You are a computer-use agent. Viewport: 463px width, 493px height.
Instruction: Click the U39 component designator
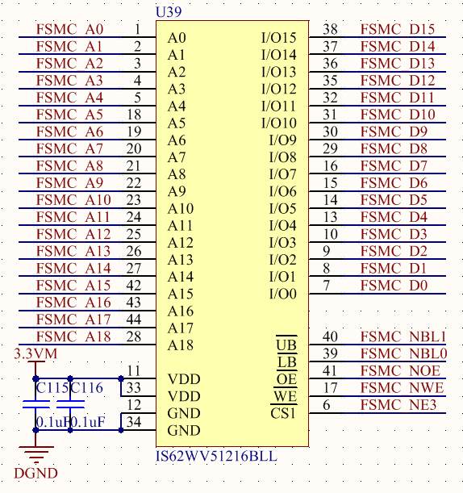[169, 12]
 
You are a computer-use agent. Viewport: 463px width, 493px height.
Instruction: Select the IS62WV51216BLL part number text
[216, 456]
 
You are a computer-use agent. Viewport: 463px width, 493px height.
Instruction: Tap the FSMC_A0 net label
[70, 29]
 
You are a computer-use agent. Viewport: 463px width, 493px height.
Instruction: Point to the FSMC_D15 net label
[398, 29]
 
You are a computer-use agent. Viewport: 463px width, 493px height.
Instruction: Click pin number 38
[330, 29]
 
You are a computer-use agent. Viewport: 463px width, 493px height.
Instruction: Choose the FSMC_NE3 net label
[398, 405]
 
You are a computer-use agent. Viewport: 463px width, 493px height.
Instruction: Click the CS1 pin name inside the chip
[283, 413]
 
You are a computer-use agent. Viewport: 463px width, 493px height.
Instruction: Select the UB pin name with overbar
[286, 345]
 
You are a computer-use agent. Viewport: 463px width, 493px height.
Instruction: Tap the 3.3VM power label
[35, 353]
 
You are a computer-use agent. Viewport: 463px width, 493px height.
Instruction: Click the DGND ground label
[35, 473]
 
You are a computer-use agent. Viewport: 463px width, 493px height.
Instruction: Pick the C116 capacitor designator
[87, 387]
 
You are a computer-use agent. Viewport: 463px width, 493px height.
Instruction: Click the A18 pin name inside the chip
[181, 345]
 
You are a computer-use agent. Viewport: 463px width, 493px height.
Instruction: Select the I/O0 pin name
[283, 294]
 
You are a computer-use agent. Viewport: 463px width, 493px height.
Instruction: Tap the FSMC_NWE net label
[402, 387]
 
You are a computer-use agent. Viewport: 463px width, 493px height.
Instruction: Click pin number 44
[134, 320]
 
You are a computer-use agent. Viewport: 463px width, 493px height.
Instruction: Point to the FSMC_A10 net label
[73, 200]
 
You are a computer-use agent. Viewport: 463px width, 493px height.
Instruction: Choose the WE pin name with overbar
[285, 396]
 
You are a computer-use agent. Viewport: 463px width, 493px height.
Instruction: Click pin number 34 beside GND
[134, 422]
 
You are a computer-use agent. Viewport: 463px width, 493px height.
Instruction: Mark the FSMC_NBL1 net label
[403, 336]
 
